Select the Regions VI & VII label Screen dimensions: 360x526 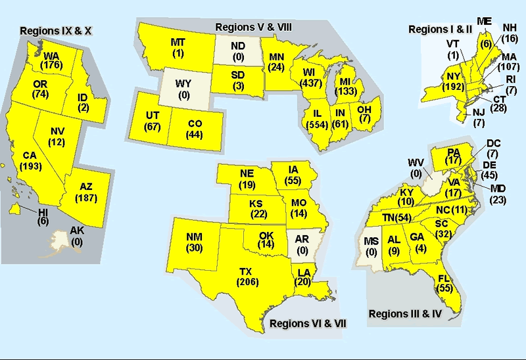308,323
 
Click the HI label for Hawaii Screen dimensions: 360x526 44,212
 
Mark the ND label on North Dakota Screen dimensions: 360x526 239,46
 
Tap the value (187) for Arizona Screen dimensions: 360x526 86,198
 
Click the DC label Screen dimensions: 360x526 494,143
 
